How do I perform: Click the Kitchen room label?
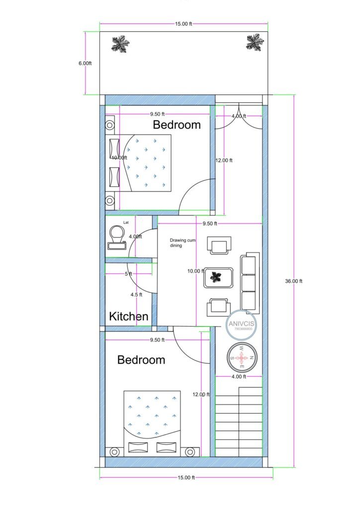(129, 316)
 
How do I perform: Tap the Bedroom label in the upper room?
(177, 124)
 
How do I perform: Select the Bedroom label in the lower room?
(141, 359)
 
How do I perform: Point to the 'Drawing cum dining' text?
(182, 242)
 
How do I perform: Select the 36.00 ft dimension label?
(293, 281)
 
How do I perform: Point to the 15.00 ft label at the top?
(184, 24)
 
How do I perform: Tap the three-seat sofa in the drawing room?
(250, 281)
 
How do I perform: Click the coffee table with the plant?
(218, 277)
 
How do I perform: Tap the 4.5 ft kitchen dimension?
(136, 294)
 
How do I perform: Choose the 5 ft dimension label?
(128, 273)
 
